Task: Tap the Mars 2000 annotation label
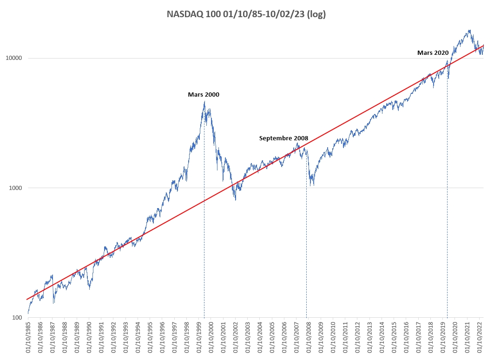pyautogui.click(x=204, y=94)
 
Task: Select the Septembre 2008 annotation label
pyautogui.click(x=283, y=138)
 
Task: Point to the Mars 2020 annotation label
pyautogui.click(x=433, y=53)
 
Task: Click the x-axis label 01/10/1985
pyautogui.click(x=28, y=338)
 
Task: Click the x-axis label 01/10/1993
pyautogui.click(x=126, y=338)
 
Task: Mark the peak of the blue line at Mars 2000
pyautogui.click(x=204, y=101)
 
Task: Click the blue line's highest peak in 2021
pyautogui.click(x=470, y=30)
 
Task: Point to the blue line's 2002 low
pyautogui.click(x=235, y=200)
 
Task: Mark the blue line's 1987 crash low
pyautogui.click(x=54, y=303)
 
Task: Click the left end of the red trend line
pyautogui.click(x=27, y=299)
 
